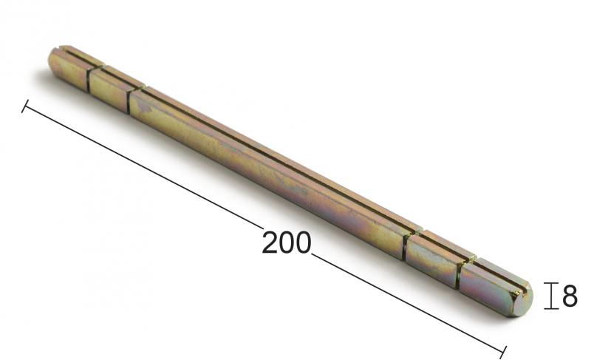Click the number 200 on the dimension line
point(287,242)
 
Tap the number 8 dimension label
point(570,296)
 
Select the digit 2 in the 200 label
point(270,242)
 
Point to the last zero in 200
point(304,242)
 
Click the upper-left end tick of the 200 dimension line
point(25,106)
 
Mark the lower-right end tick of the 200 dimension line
point(503,352)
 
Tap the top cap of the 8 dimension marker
point(551,282)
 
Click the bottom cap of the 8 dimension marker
point(551,309)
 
